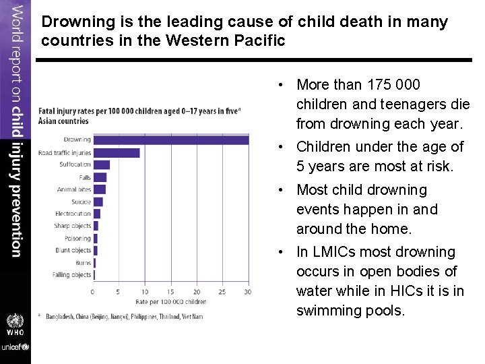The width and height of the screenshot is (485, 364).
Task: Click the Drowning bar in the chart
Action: [170, 140]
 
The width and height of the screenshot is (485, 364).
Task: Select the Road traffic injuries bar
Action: [117, 153]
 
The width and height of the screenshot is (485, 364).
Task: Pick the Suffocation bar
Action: [102, 164]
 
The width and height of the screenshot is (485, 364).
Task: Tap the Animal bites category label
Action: [74, 189]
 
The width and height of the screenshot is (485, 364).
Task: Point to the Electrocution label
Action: [73, 214]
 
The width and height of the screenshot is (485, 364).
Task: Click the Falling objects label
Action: [71, 275]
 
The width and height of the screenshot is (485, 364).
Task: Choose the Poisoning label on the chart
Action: [77, 238]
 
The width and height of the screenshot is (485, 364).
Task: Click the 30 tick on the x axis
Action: [248, 292]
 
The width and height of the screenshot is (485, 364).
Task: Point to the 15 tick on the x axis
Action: [170, 292]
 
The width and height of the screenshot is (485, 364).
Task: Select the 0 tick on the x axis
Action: [93, 292]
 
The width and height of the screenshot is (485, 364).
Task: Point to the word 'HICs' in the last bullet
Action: [404, 291]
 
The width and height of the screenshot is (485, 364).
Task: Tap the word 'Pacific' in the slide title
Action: [259, 40]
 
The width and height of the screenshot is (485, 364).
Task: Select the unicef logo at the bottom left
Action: [15, 346]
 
